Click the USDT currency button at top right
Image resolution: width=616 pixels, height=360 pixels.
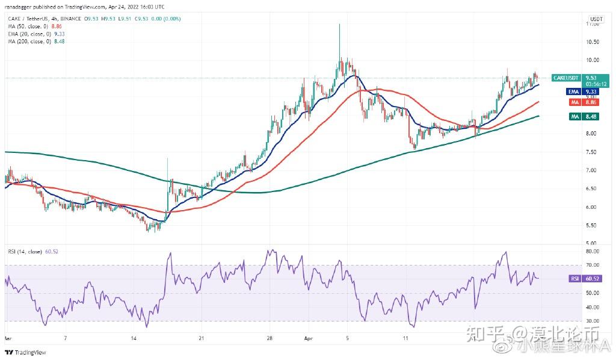(597, 19)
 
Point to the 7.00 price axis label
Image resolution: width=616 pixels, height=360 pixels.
(592, 170)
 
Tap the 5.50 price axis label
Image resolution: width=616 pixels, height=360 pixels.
(592, 226)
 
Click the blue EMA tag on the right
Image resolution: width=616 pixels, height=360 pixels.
(573, 92)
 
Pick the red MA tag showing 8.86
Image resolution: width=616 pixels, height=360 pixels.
(573, 103)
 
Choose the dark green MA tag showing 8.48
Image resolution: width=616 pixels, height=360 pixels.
(573, 117)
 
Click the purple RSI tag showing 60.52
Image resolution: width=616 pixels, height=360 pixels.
(573, 279)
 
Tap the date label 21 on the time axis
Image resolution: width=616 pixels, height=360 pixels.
(202, 338)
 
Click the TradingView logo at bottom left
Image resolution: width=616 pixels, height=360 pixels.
(25, 352)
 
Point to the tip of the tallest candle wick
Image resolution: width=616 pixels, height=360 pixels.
(339, 24)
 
